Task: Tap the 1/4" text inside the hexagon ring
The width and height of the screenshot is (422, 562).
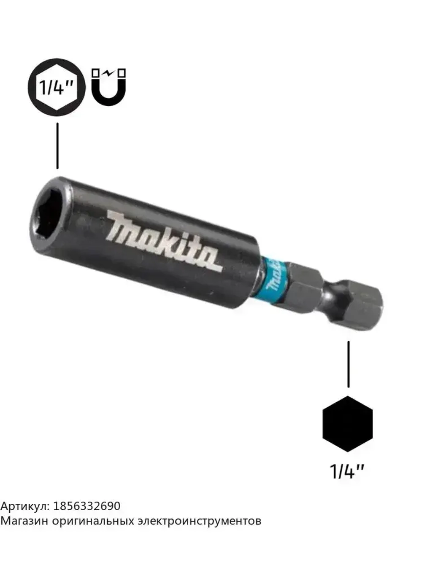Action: pos(57,87)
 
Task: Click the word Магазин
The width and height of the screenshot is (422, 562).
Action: pos(24,521)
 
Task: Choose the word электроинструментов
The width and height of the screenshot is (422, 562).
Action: pos(200,521)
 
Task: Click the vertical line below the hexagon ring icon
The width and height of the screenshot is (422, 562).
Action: pos(57,145)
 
